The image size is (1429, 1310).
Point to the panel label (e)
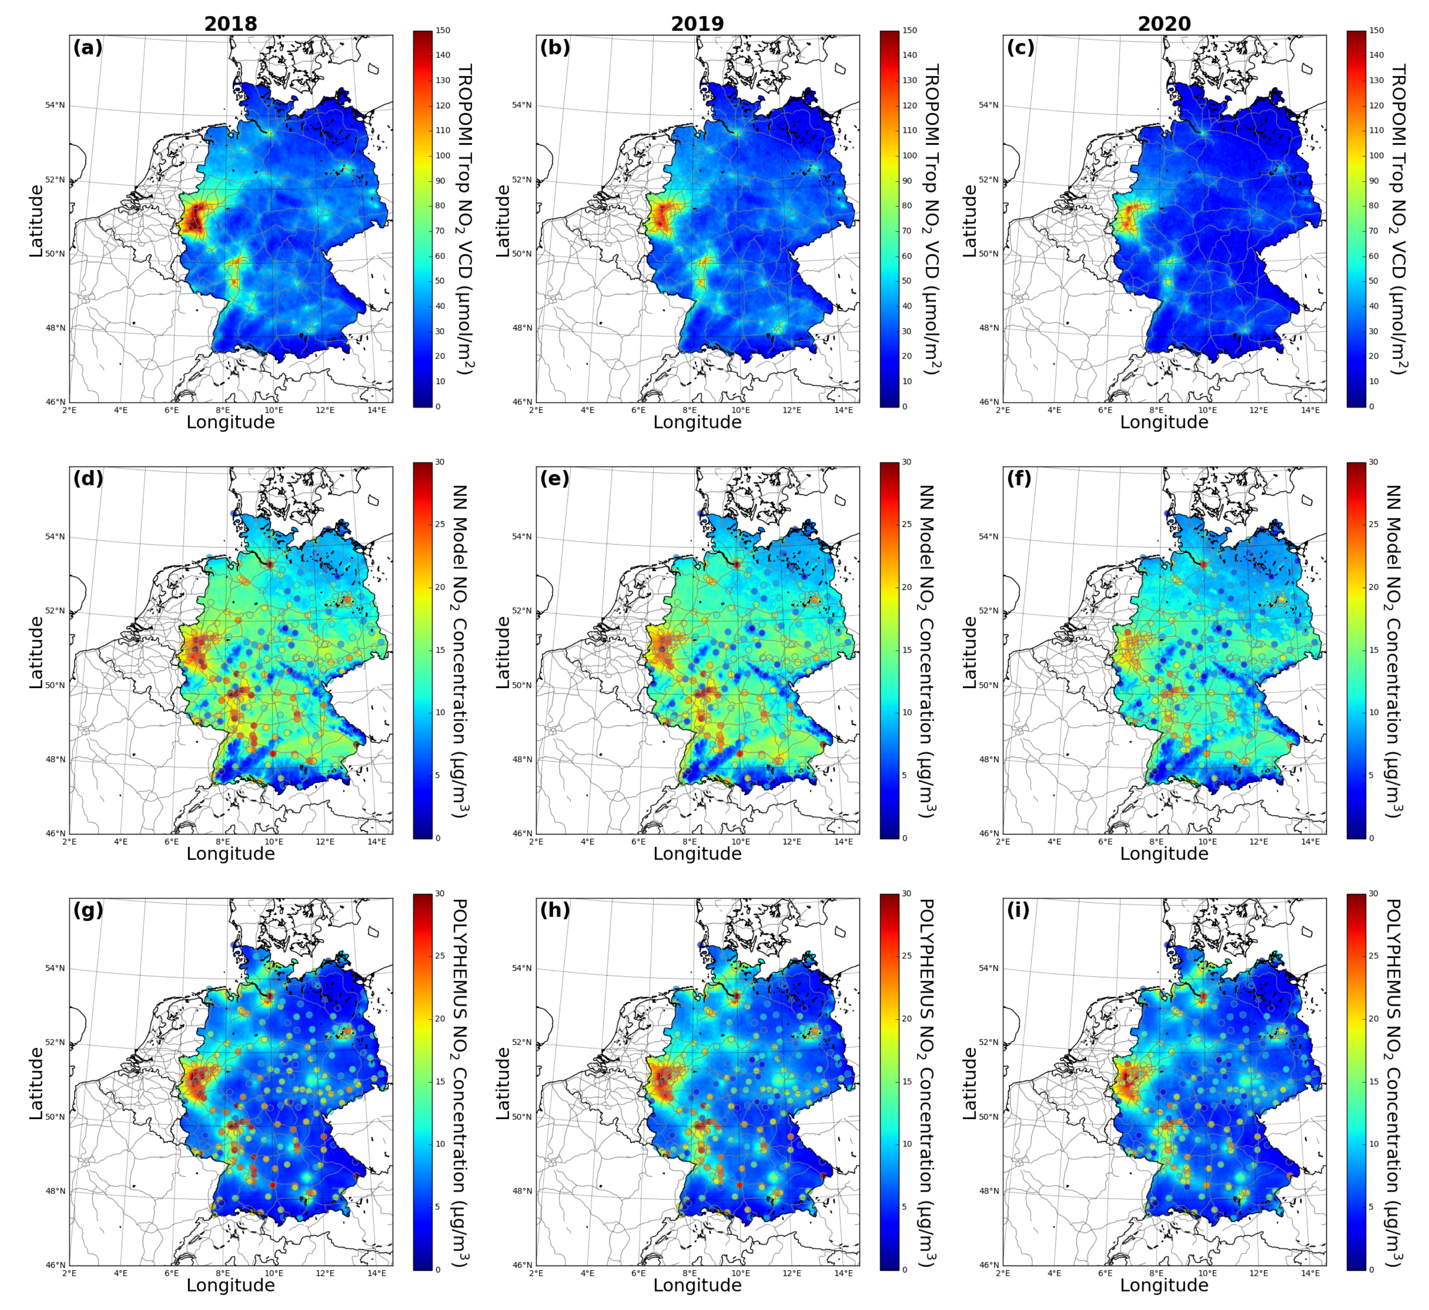point(554,479)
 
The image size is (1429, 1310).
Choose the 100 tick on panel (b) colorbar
point(910,155)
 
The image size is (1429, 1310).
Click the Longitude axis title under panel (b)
point(697,422)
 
